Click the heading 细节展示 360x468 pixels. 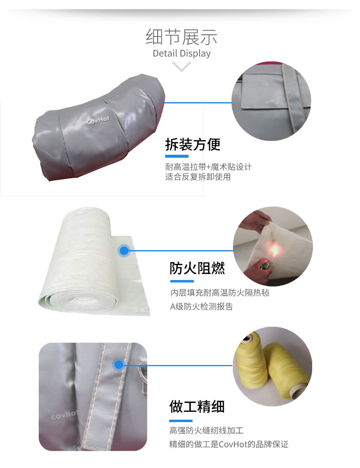pos(181,37)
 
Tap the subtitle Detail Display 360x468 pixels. pos(181,53)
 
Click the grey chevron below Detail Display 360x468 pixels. pos(181,67)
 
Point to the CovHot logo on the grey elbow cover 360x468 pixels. pos(98,120)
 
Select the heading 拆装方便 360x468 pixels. pos(193,144)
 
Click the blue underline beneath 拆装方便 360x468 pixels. pos(177,156)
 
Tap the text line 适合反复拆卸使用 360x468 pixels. pos(198,177)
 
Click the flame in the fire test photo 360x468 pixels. pos(274,250)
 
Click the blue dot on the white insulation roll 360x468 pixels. pos(124,251)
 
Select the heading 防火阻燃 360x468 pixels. pos(197,268)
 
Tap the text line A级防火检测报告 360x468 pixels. pos(201,306)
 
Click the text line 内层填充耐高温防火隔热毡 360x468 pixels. pos(220,293)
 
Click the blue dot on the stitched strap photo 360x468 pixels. pos(118,365)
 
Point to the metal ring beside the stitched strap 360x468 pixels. pos(143,371)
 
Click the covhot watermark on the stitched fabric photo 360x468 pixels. pos(64,415)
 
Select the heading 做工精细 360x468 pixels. pos(197,406)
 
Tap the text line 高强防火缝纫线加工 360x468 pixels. pos(206,430)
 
